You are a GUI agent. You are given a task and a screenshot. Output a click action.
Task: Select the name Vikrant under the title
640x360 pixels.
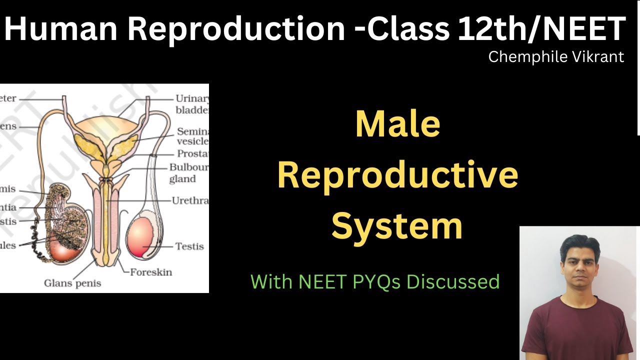pyautogui.click(x=599, y=57)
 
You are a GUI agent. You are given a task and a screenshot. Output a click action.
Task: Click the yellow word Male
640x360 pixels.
pyautogui.click(x=397, y=125)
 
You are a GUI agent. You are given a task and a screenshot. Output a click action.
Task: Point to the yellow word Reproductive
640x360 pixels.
pyautogui.click(x=397, y=176)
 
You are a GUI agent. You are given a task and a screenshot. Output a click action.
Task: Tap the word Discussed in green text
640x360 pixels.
pyautogui.click(x=453, y=281)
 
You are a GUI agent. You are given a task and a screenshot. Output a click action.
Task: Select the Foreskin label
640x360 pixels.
pyautogui.click(x=150, y=272)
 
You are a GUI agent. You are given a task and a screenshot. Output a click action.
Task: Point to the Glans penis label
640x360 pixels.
pyautogui.click(x=72, y=283)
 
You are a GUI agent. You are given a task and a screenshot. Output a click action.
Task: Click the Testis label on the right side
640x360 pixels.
pyautogui.click(x=189, y=246)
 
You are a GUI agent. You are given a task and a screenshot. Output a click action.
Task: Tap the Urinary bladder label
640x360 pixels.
pyautogui.click(x=191, y=104)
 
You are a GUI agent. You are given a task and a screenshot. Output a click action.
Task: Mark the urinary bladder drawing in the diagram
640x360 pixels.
pyautogui.click(x=105, y=127)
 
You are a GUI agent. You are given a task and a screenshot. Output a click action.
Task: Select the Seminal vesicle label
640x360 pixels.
pyautogui.click(x=192, y=136)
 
